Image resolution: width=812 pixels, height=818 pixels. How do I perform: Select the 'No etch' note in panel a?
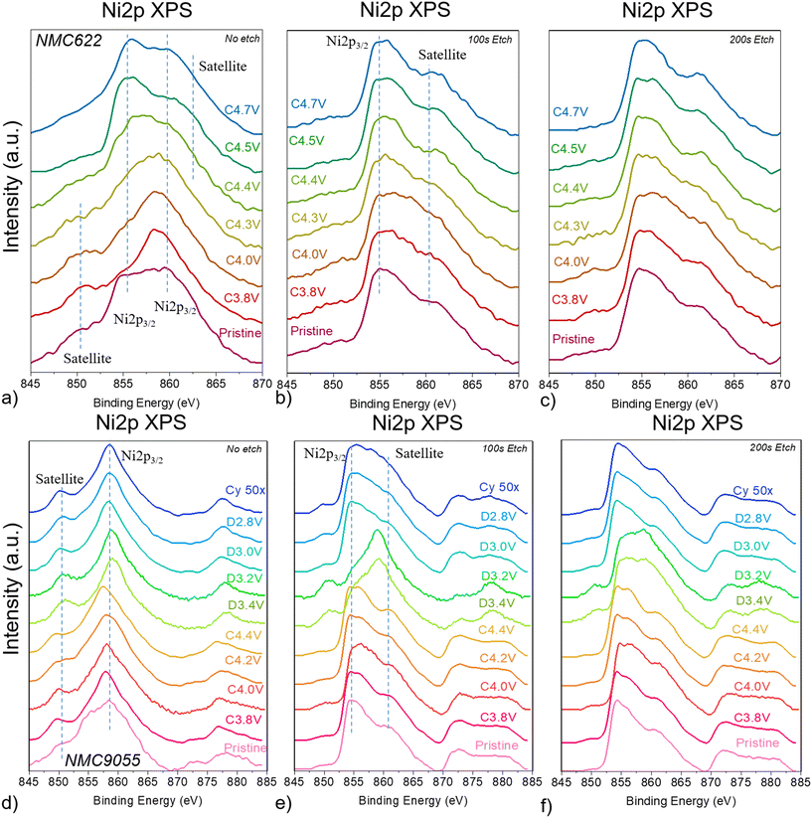[246, 35]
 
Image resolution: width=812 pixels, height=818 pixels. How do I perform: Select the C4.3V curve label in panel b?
[309, 218]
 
